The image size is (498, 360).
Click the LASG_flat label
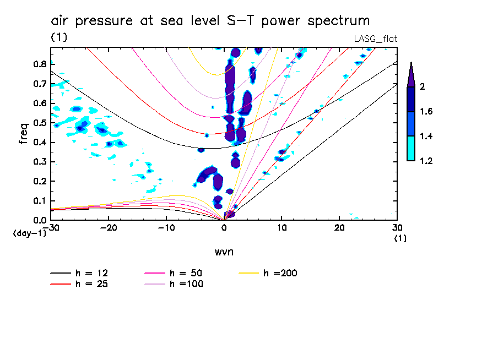375,39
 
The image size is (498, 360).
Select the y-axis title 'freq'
23,134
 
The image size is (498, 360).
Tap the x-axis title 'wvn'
223,252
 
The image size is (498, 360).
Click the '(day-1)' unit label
29,233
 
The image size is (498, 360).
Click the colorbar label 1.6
426,112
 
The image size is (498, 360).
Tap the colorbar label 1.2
426,161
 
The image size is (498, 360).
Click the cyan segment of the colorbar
410,149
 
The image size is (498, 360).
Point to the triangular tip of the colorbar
410,75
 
